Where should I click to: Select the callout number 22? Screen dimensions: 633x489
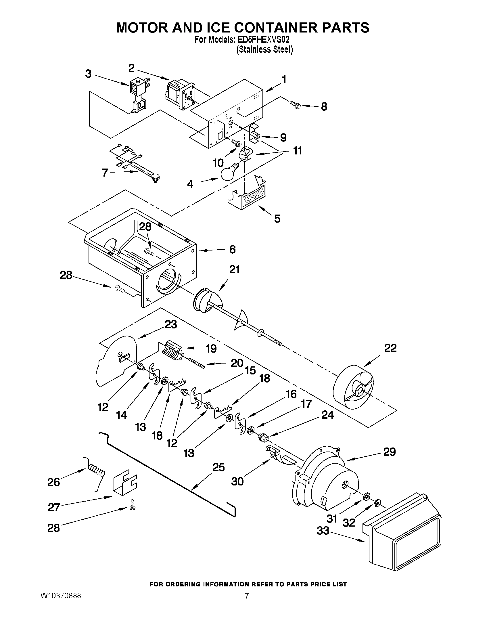tap(390, 348)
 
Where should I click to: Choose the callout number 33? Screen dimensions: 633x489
tap(323, 531)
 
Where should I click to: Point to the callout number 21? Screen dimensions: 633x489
tap(234, 270)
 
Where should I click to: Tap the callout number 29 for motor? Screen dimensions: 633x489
tap(389, 452)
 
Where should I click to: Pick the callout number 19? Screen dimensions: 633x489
tap(211, 348)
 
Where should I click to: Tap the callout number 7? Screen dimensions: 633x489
tap(105, 173)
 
